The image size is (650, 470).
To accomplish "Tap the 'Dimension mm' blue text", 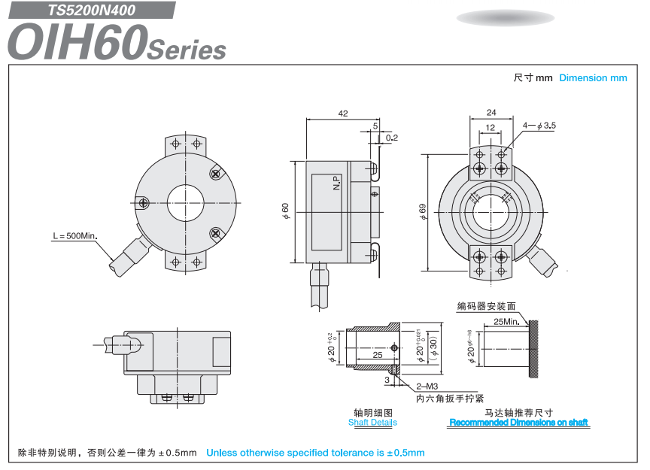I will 593,77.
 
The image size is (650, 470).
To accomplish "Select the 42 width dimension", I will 343,114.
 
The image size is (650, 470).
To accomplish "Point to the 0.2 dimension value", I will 391,138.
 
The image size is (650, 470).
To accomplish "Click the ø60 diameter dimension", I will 286,211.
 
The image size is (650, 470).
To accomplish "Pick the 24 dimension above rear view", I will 491,113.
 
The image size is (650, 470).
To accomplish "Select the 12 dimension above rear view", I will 491,128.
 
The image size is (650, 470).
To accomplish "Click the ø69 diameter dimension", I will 423,211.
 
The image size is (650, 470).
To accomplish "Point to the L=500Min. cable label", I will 75,235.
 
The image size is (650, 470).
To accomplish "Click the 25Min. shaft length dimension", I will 507,321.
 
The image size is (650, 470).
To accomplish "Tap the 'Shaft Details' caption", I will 372,423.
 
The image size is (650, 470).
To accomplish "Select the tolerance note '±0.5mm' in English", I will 315,453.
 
